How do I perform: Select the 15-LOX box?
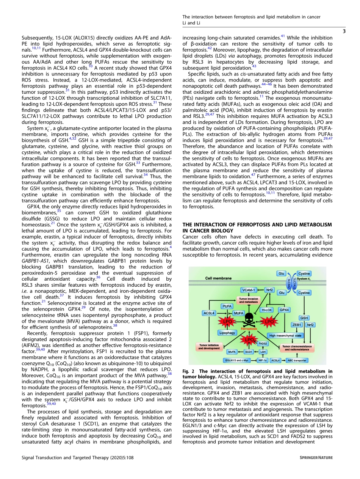(x=266, y=309)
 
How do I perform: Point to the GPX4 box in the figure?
(x=284, y=309)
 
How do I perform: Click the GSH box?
(x=304, y=317)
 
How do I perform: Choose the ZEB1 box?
(x=297, y=325)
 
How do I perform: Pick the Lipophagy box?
(x=227, y=332)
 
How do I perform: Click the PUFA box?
(x=227, y=306)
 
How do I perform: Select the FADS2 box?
(x=263, y=344)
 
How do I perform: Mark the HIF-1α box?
(x=263, y=360)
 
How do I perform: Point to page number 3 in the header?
(x=344, y=31)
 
